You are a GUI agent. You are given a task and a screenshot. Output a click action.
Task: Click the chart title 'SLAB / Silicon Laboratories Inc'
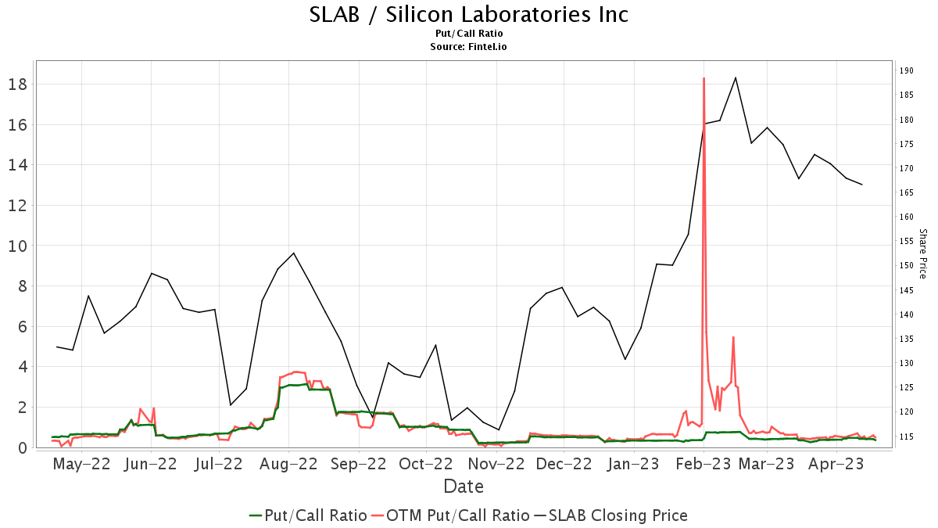469,14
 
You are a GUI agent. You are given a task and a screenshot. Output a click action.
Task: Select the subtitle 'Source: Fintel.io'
469,47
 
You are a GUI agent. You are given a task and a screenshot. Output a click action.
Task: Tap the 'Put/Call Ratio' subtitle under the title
469,34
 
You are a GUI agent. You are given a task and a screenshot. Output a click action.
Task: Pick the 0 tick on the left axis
23,447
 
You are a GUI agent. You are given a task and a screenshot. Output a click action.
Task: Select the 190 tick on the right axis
906,70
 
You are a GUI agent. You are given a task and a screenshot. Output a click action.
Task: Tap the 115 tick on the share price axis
906,436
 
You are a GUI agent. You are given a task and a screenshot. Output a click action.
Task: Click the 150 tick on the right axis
906,265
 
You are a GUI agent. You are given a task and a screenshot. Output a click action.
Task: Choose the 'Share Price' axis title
922,253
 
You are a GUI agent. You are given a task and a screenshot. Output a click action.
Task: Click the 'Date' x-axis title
464,486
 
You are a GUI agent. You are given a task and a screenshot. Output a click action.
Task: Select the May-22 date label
82,464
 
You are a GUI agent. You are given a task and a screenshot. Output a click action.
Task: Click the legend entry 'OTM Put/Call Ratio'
452,515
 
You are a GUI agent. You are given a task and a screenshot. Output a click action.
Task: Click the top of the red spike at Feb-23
703,78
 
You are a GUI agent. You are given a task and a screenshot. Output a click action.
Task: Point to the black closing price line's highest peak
736,77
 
